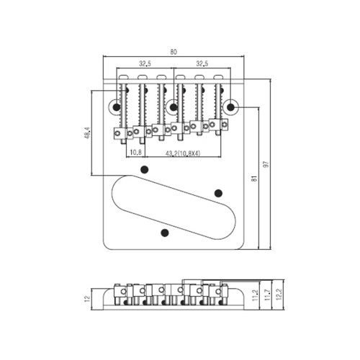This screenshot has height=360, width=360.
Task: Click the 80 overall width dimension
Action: (174, 52)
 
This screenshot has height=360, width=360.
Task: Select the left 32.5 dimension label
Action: (145, 63)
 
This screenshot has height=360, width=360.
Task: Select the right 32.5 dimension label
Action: (202, 63)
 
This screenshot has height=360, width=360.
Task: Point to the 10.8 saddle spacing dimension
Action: (135, 152)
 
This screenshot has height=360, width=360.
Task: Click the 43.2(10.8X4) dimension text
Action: (183, 153)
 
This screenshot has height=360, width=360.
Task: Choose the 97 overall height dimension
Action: (266, 164)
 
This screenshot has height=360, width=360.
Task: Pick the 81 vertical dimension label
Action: (254, 179)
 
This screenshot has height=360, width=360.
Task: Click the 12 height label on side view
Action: (87, 298)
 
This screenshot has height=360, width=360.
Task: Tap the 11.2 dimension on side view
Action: (255, 295)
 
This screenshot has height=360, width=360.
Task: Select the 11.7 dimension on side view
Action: (268, 295)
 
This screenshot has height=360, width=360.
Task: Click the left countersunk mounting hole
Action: (116, 107)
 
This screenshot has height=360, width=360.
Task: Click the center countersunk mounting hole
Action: (173, 107)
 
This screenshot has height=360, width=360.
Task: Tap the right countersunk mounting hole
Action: (231, 107)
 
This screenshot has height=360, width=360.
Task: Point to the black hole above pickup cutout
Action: (144, 169)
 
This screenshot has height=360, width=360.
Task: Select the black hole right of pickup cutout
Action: (218, 193)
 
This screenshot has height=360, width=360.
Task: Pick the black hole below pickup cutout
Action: (165, 233)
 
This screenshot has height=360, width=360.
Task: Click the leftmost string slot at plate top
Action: (124, 77)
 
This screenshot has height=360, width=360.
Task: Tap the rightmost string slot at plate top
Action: (218, 77)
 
